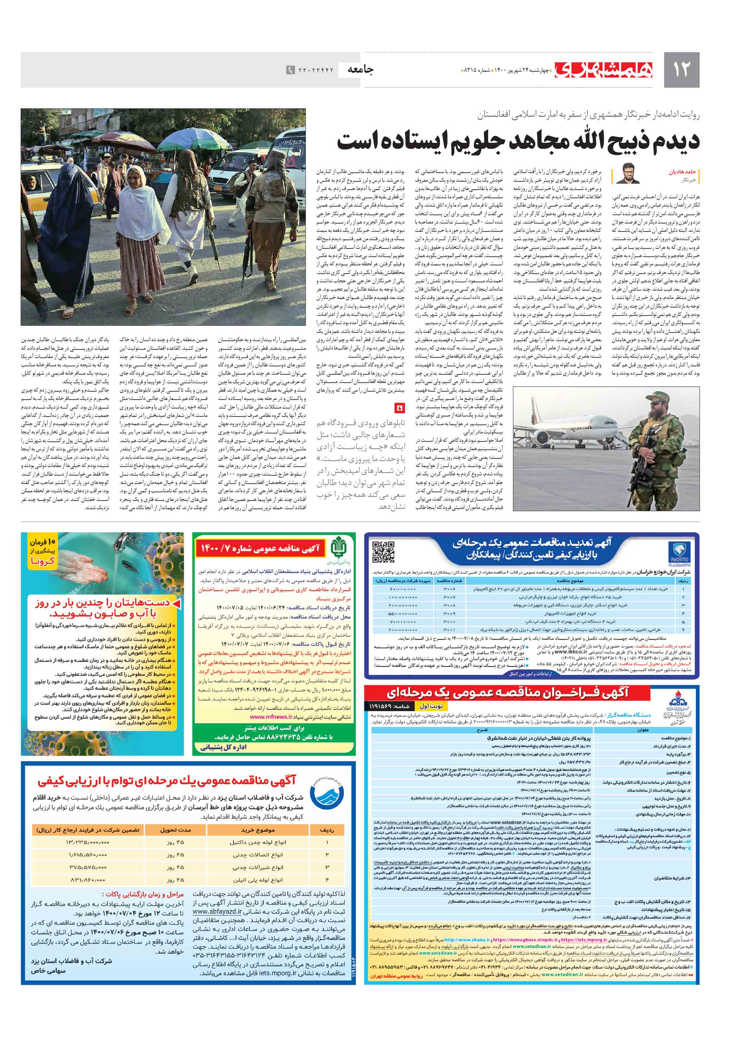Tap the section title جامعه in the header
click(x=361, y=69)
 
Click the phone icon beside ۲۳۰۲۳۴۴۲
click(x=290, y=70)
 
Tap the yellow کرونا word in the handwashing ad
click(x=43, y=561)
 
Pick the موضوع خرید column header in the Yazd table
click(x=258, y=830)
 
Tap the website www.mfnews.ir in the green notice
click(x=268, y=716)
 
